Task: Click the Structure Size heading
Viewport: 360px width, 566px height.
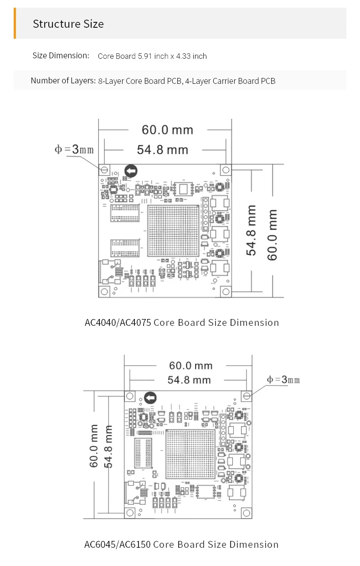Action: (68, 24)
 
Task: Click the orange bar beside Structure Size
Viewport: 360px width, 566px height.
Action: (15, 23)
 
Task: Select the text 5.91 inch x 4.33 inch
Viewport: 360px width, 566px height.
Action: (172, 56)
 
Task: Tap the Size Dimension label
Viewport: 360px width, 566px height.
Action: (61, 56)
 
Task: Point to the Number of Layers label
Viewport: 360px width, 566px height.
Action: (63, 81)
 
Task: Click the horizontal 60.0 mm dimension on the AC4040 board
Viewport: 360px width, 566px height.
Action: (168, 130)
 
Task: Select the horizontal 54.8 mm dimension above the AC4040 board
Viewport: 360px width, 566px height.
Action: (163, 150)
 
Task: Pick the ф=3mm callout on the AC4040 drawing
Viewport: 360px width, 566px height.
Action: (74, 149)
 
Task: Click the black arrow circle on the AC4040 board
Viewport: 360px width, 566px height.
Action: (131, 171)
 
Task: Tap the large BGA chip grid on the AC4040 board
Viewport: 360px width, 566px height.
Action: (173, 231)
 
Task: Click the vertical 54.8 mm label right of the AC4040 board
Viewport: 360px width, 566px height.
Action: (251, 230)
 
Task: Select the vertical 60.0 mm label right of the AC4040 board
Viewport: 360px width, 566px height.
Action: (273, 235)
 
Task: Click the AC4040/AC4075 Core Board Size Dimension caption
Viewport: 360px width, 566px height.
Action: (182, 323)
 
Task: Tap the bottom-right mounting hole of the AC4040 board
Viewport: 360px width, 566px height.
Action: (226, 292)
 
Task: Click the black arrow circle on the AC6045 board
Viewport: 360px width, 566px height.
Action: (150, 398)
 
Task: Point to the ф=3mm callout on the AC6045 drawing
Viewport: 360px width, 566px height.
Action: (283, 380)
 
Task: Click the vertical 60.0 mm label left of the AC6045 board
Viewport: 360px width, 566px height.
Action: (93, 446)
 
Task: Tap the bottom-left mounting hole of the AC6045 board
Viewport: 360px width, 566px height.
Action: (130, 513)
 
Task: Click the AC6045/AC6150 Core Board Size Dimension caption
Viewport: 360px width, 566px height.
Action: (181, 545)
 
